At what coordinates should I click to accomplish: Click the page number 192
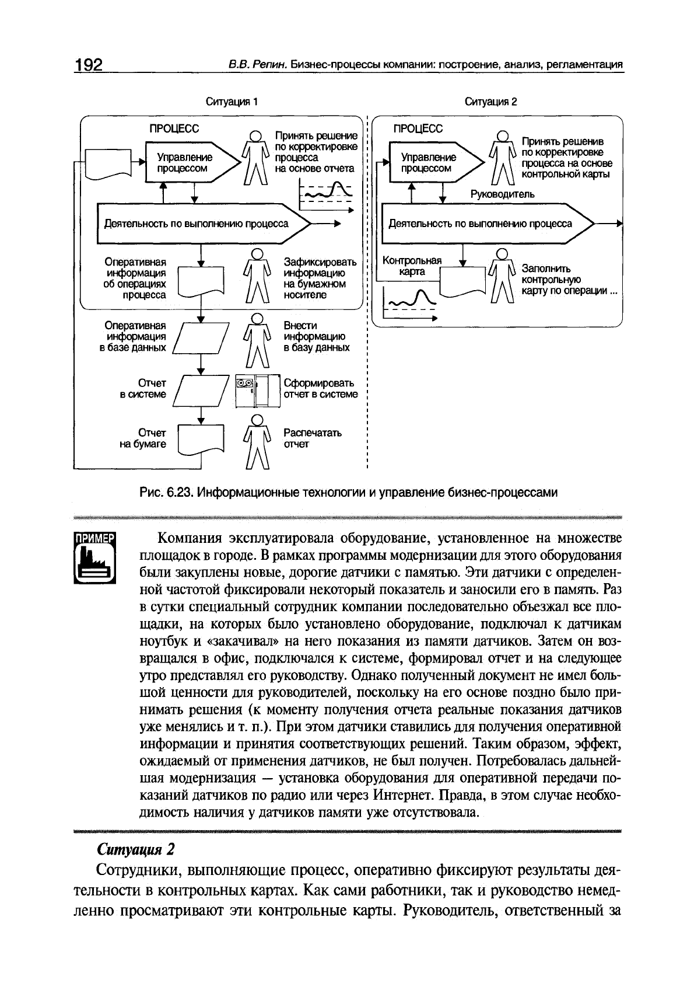tap(88, 65)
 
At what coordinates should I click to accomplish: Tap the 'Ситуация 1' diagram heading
tap(232, 102)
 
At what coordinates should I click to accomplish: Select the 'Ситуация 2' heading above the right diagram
tap(490, 102)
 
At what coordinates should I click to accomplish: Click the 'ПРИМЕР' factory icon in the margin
tap(96, 557)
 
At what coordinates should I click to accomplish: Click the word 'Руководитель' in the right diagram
tap(502, 194)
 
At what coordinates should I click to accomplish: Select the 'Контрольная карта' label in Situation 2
tap(412, 266)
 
